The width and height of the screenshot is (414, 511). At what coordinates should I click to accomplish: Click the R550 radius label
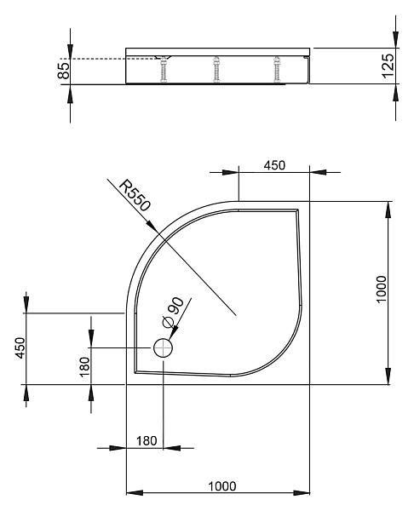[x=135, y=196]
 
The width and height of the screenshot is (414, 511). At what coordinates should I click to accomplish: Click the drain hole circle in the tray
[x=163, y=347]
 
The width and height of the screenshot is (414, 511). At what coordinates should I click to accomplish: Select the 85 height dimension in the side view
[x=64, y=71]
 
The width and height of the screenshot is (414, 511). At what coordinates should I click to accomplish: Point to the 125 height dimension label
[x=388, y=66]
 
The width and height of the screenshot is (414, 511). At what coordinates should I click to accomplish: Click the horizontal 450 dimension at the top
[x=274, y=165]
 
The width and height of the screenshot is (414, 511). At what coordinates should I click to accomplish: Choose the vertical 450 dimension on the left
[x=20, y=347]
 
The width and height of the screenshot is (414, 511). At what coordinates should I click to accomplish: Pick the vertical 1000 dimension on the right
[x=381, y=289]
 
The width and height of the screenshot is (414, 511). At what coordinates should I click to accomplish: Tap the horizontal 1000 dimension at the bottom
[x=222, y=486]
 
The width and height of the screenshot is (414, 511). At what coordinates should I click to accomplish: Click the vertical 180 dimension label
[x=84, y=367]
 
